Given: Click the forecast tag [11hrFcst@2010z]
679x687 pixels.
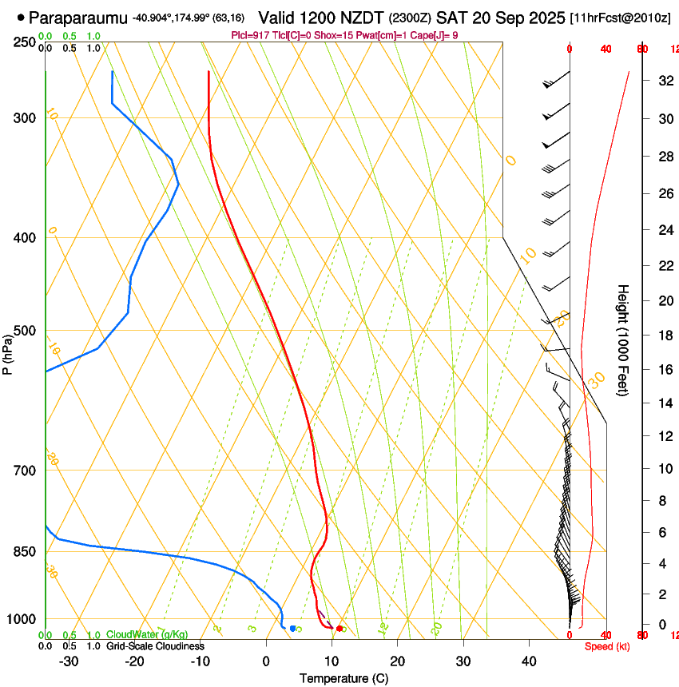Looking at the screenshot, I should (621, 18).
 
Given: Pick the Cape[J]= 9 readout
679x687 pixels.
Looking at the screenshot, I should (436, 35).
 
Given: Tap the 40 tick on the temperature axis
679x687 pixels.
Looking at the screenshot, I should (529, 661).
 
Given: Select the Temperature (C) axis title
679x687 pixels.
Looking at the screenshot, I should (343, 678).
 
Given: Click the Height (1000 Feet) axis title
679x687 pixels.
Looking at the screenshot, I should (623, 340).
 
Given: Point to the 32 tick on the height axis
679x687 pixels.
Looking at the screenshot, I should (664, 81).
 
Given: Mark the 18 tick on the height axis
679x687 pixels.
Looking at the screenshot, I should (664, 336).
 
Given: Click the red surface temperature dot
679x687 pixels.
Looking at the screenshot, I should (339, 629).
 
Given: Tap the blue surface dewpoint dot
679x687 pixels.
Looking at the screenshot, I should (293, 629).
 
